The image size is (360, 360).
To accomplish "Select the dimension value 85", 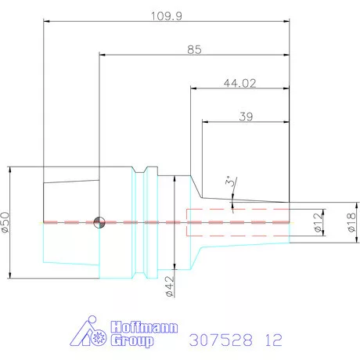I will point(195,49).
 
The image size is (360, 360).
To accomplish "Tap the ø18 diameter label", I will point(351,222).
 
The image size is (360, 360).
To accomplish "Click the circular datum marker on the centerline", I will point(98,222).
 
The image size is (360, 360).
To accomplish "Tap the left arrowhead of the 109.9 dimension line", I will point(45,22).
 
